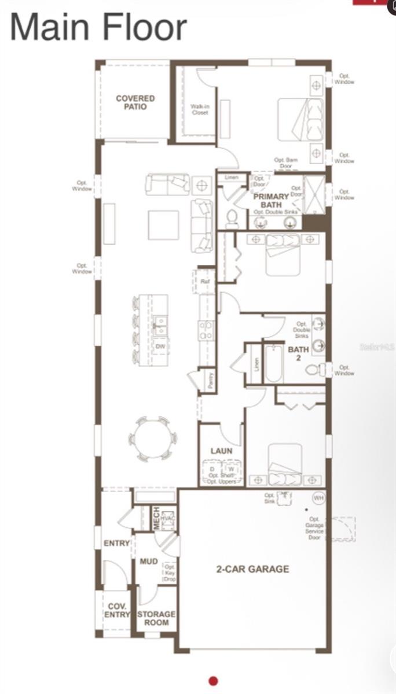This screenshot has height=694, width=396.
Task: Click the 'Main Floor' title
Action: [x=98, y=27]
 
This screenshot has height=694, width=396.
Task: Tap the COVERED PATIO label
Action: [x=135, y=102]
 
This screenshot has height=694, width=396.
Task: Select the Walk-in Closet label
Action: [x=200, y=109]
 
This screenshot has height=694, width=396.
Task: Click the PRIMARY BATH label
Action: [x=271, y=201]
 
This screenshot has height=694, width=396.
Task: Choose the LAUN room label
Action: [x=221, y=451]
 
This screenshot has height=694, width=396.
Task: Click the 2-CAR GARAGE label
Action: [x=252, y=569]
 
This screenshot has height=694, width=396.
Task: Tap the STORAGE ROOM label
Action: [x=156, y=618]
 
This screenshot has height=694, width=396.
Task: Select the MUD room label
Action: [x=149, y=561]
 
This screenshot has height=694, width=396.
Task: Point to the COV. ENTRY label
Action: [x=118, y=610]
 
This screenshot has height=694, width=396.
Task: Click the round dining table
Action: [x=152, y=438]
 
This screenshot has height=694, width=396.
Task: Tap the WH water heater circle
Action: [x=318, y=497]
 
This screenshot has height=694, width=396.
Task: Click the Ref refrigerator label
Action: [x=205, y=282]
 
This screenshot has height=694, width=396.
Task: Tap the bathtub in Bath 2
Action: [x=274, y=363]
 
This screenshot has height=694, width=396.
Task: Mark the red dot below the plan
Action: [x=213, y=681]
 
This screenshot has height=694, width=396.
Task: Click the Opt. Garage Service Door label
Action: [x=314, y=528]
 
